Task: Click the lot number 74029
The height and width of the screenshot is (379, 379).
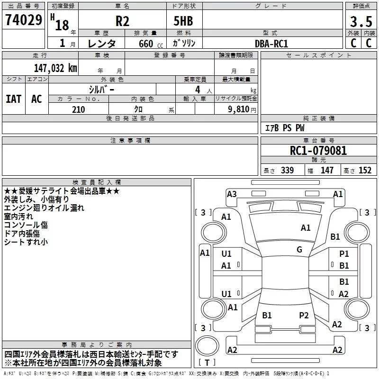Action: pyautogui.click(x=24, y=20)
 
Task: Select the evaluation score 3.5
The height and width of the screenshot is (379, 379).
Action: pyautogui.click(x=361, y=21)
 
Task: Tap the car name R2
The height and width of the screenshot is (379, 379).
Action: pyautogui.click(x=122, y=21)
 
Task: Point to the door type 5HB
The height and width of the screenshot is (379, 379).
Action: pyautogui.click(x=183, y=21)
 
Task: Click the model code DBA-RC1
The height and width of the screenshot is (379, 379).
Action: pyautogui.click(x=271, y=44)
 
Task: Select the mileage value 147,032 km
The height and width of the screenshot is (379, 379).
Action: pyautogui.click(x=55, y=68)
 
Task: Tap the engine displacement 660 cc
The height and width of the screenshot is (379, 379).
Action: pyautogui.click(x=151, y=44)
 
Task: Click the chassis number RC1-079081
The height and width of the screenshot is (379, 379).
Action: pyautogui.click(x=318, y=151)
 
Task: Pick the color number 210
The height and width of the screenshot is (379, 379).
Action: pyautogui.click(x=78, y=109)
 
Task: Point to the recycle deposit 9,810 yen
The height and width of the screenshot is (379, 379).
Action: pyautogui.click(x=242, y=109)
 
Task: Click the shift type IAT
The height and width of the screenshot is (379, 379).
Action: pyautogui.click(x=14, y=99)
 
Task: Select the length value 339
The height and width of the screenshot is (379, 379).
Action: pyautogui.click(x=287, y=170)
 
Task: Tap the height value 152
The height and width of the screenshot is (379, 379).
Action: pyautogui.click(x=365, y=170)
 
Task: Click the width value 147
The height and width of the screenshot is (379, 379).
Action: pyautogui.click(x=327, y=170)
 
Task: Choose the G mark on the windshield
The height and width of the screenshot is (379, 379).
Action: pyautogui.click(x=299, y=250)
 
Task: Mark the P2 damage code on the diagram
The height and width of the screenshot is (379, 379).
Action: pyautogui.click(x=304, y=316)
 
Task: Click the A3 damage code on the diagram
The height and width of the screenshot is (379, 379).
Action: pyautogui.click(x=232, y=194)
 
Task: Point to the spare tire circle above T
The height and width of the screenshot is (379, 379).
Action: pyautogui.click(x=207, y=346)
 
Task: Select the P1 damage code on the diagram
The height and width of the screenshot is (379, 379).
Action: pyautogui.click(x=344, y=254)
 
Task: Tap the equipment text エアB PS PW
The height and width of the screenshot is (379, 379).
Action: pyautogui.click(x=285, y=128)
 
